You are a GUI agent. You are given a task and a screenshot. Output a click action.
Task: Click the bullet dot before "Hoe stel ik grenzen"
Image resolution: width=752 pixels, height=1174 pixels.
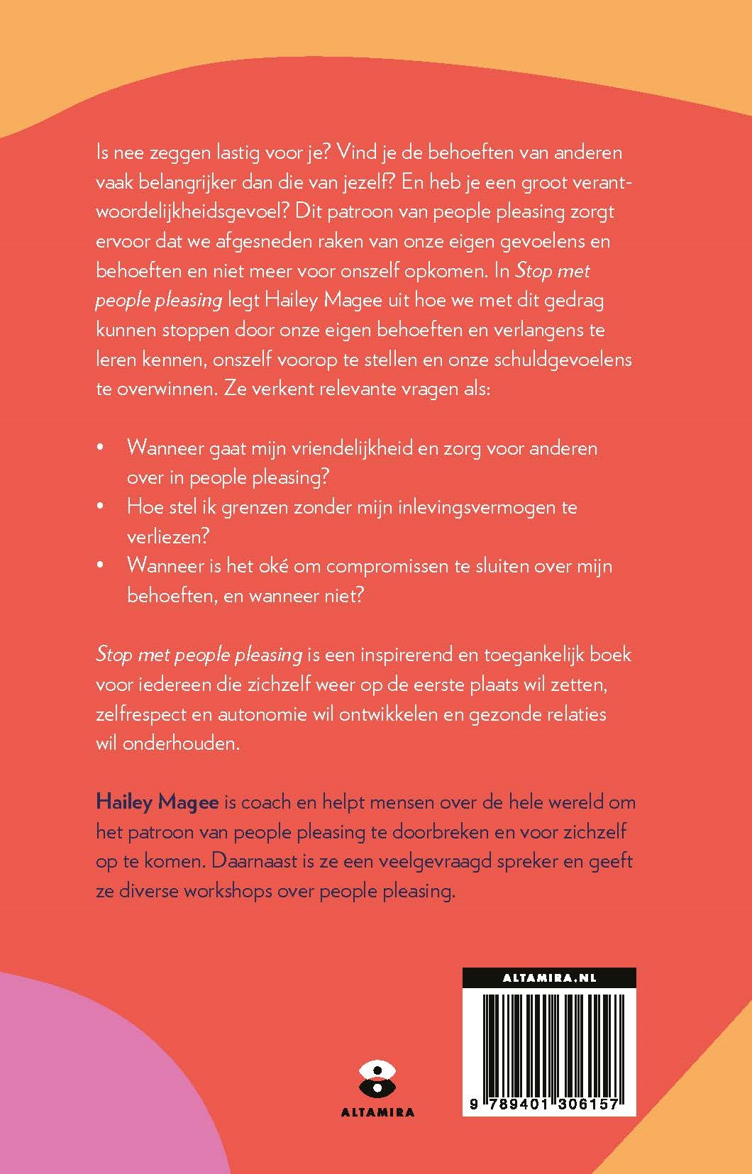(x=100, y=507)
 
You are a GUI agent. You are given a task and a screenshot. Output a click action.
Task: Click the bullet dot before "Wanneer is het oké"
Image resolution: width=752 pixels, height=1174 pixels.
(x=100, y=566)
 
